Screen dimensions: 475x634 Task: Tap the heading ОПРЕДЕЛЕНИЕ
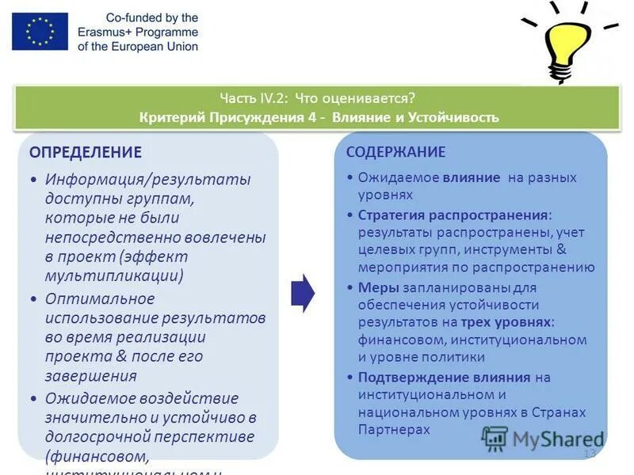tap(86, 152)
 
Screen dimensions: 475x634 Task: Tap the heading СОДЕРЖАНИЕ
tap(396, 152)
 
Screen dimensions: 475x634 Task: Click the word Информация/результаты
tap(147, 180)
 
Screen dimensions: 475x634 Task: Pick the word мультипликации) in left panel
tap(115, 275)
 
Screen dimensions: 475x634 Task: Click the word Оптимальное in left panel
tap(100, 299)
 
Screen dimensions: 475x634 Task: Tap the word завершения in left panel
tap(91, 375)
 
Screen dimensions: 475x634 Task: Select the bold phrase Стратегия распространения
tap(453, 215)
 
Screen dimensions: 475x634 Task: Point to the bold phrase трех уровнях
tap(507, 322)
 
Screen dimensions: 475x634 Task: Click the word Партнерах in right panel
tap(393, 429)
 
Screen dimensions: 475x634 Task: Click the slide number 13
tap(589, 454)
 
